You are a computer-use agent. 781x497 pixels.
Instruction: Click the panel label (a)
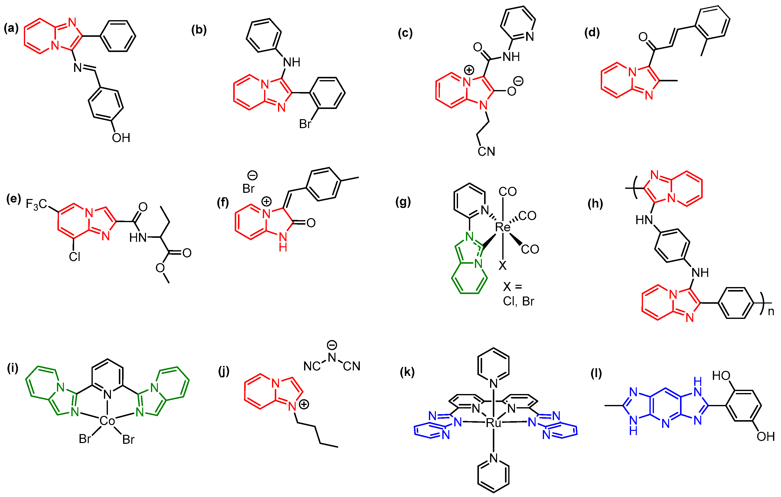click(11, 29)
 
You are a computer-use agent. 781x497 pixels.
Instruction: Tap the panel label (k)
click(407, 372)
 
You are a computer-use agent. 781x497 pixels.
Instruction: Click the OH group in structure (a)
click(121, 138)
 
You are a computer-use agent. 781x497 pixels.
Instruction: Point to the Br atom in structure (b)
click(305, 124)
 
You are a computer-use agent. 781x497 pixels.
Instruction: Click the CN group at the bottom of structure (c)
click(486, 151)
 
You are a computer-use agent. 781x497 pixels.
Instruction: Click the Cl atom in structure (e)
click(74, 257)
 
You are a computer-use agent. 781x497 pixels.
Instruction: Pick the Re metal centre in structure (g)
click(503, 227)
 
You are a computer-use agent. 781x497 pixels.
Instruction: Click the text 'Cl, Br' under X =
click(518, 301)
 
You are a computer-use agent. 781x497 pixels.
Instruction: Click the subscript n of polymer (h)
click(771, 312)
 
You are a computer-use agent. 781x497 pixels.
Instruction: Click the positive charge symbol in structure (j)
click(304, 404)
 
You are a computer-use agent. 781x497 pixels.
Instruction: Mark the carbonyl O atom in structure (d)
click(643, 37)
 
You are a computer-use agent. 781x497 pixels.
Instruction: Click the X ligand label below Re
click(503, 266)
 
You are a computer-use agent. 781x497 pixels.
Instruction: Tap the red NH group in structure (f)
click(283, 242)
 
